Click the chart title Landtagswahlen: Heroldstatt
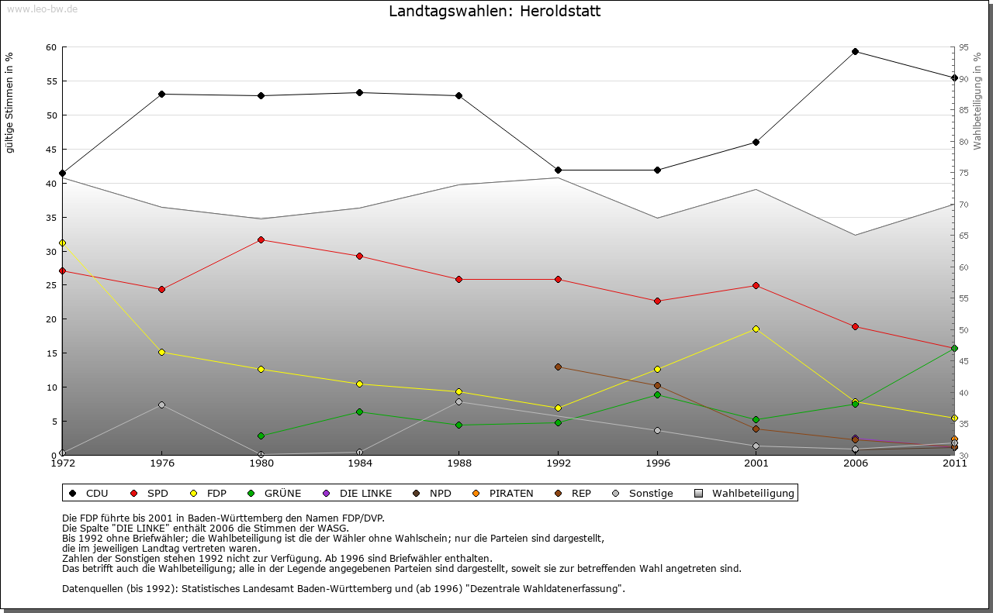click(494, 12)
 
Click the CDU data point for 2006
click(855, 52)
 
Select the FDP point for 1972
click(62, 243)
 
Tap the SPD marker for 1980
click(261, 239)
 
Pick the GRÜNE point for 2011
click(954, 349)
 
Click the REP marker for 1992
click(558, 367)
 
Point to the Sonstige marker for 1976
click(161, 405)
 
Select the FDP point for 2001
click(756, 329)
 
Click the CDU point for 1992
click(558, 170)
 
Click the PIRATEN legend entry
click(503, 493)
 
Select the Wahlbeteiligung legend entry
click(745, 493)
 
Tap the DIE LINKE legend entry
click(358, 493)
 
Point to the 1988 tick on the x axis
click(458, 463)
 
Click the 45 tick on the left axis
click(51, 150)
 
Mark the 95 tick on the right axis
click(964, 47)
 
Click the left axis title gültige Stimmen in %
click(10, 102)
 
